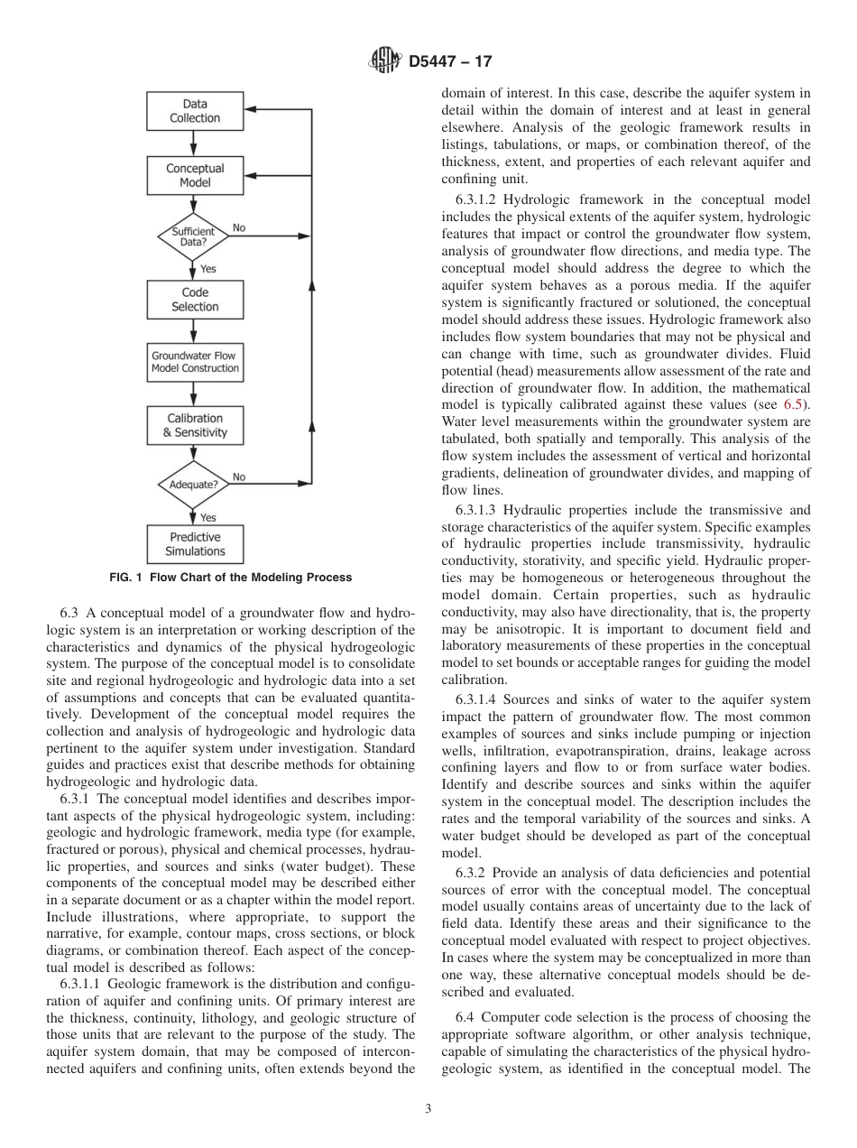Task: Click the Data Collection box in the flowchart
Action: pos(195,111)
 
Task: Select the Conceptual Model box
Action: pos(195,175)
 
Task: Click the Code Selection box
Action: pos(195,300)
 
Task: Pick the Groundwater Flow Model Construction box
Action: pos(195,362)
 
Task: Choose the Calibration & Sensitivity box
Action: pos(195,425)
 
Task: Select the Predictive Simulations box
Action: pos(195,544)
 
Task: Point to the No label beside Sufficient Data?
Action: pos(238,228)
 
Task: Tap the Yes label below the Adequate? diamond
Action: pos(208,518)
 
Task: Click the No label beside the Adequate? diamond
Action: pos(239,477)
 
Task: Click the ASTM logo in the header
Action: pos(385,62)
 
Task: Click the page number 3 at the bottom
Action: pos(428,1109)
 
